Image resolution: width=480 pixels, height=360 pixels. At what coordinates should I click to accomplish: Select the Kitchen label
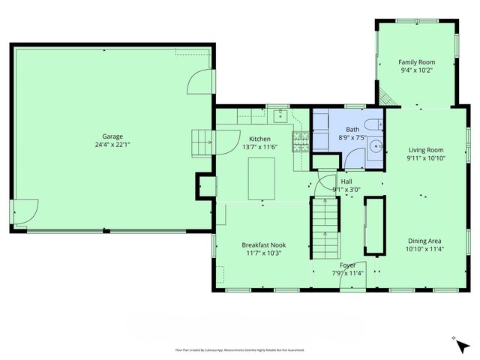259,139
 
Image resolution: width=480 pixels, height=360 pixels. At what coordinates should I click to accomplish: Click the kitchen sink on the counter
280,115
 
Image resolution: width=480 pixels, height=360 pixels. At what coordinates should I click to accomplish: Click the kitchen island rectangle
262,178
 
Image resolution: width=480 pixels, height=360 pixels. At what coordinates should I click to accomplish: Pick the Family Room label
416,62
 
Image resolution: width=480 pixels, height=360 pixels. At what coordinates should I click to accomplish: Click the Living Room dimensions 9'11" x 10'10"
425,158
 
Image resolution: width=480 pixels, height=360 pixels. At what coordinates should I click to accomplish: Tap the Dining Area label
425,240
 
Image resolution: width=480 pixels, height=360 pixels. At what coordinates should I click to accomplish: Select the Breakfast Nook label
263,244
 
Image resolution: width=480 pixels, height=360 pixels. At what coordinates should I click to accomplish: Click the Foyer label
347,265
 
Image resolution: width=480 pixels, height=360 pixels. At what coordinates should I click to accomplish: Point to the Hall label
346,181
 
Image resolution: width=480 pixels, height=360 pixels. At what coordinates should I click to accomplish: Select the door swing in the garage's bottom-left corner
25,211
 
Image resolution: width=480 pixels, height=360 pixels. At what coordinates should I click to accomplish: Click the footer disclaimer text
240,349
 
